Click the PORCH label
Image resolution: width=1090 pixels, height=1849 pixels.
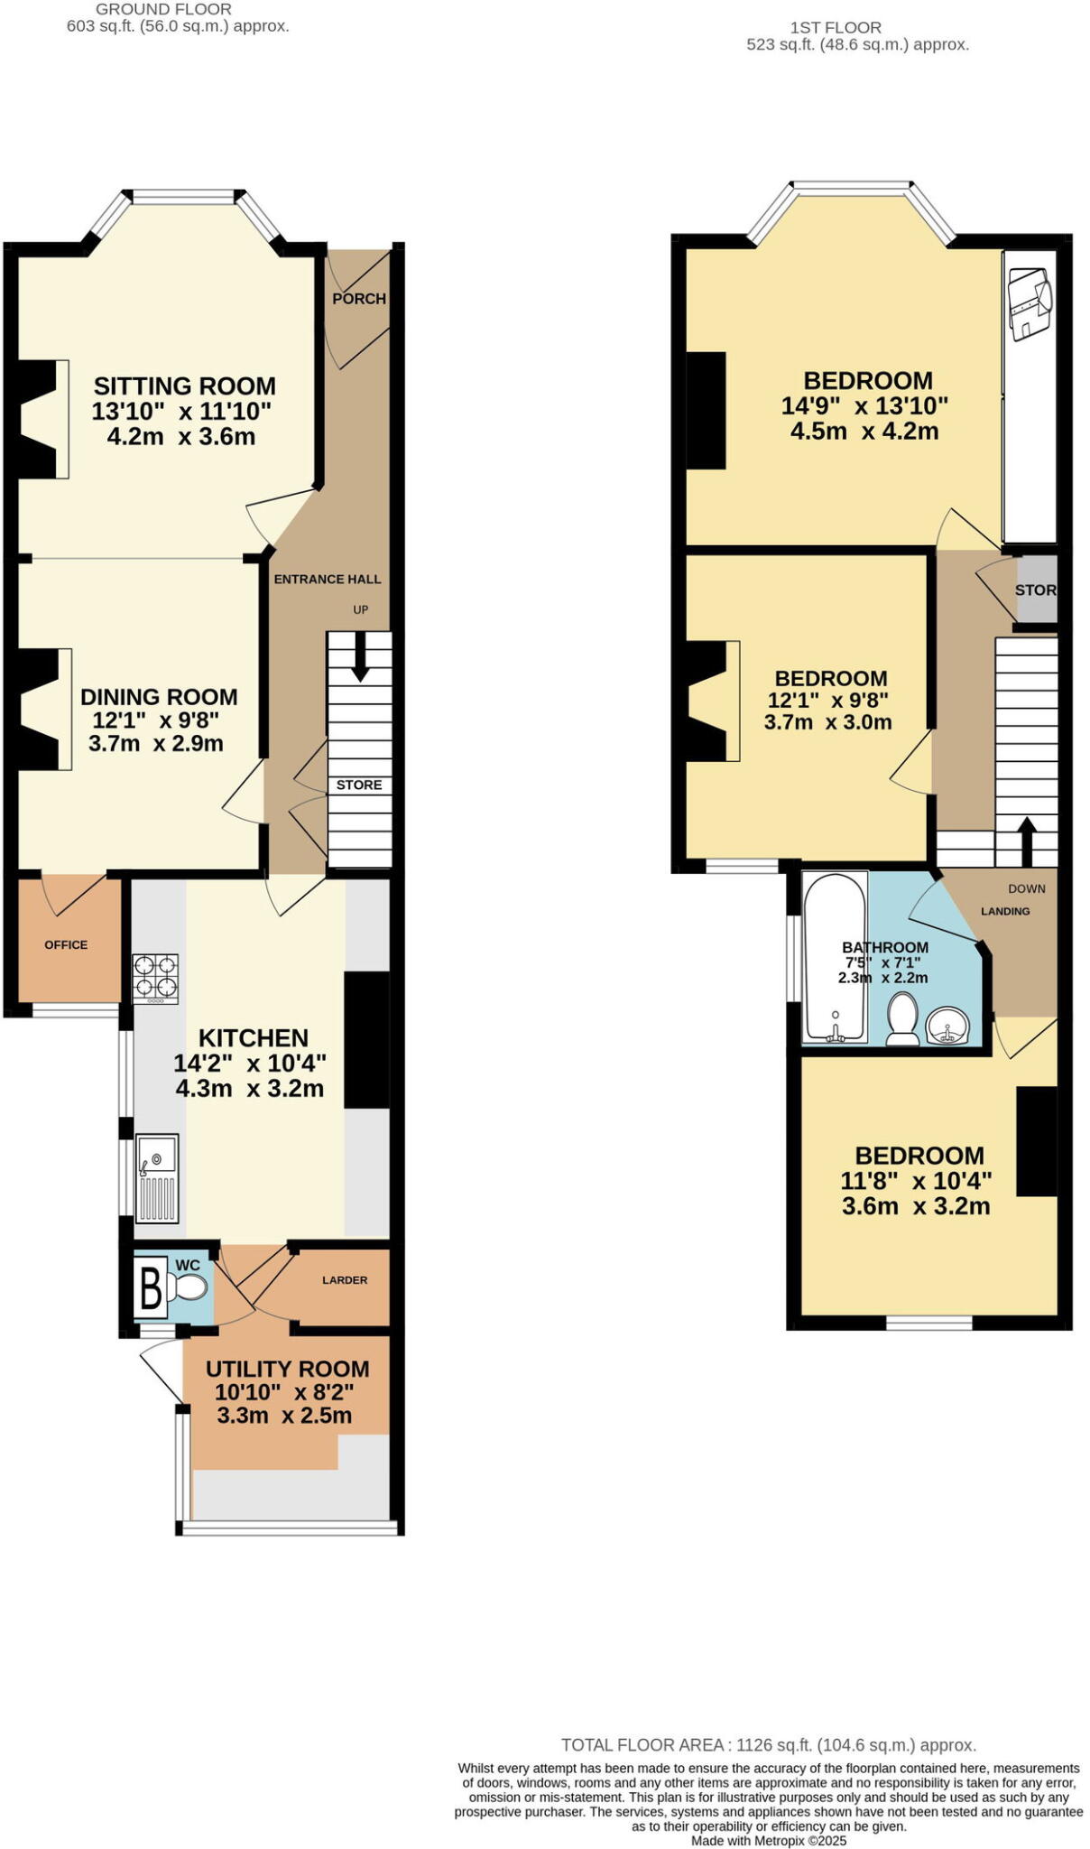pos(358,299)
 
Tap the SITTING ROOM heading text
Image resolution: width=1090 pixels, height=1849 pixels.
pos(185,386)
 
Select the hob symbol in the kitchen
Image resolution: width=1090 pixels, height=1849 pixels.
pos(155,979)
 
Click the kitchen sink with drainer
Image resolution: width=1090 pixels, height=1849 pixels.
pos(157,1176)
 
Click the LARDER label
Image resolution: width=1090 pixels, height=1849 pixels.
pos(345,1280)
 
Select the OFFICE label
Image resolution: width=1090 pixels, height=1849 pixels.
pos(66,945)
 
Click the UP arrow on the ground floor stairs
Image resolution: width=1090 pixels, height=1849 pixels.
pos(360,657)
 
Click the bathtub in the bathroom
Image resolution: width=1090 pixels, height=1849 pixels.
pos(835,957)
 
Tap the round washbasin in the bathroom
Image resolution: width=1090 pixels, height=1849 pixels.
pos(947,1026)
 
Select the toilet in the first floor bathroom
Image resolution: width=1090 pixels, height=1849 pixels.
pos(902,1020)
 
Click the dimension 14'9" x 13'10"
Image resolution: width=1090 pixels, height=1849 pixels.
pos(864,405)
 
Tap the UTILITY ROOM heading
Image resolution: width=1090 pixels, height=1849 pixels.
pos(287,1369)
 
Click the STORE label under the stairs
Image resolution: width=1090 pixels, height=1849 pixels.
pos(359,785)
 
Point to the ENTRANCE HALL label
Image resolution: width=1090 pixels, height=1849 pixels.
pos(328,580)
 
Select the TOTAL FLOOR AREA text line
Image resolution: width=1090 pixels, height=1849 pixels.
pos(768,1745)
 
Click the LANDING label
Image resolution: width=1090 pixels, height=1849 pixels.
pos(1005,911)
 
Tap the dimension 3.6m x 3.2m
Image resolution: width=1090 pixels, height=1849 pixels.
pos(916,1206)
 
